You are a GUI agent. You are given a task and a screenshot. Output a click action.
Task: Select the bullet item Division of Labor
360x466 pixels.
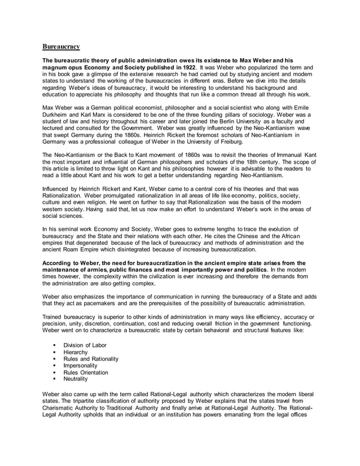(x=85, y=345)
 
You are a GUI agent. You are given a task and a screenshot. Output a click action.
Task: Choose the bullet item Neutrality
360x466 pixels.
(x=76, y=379)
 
